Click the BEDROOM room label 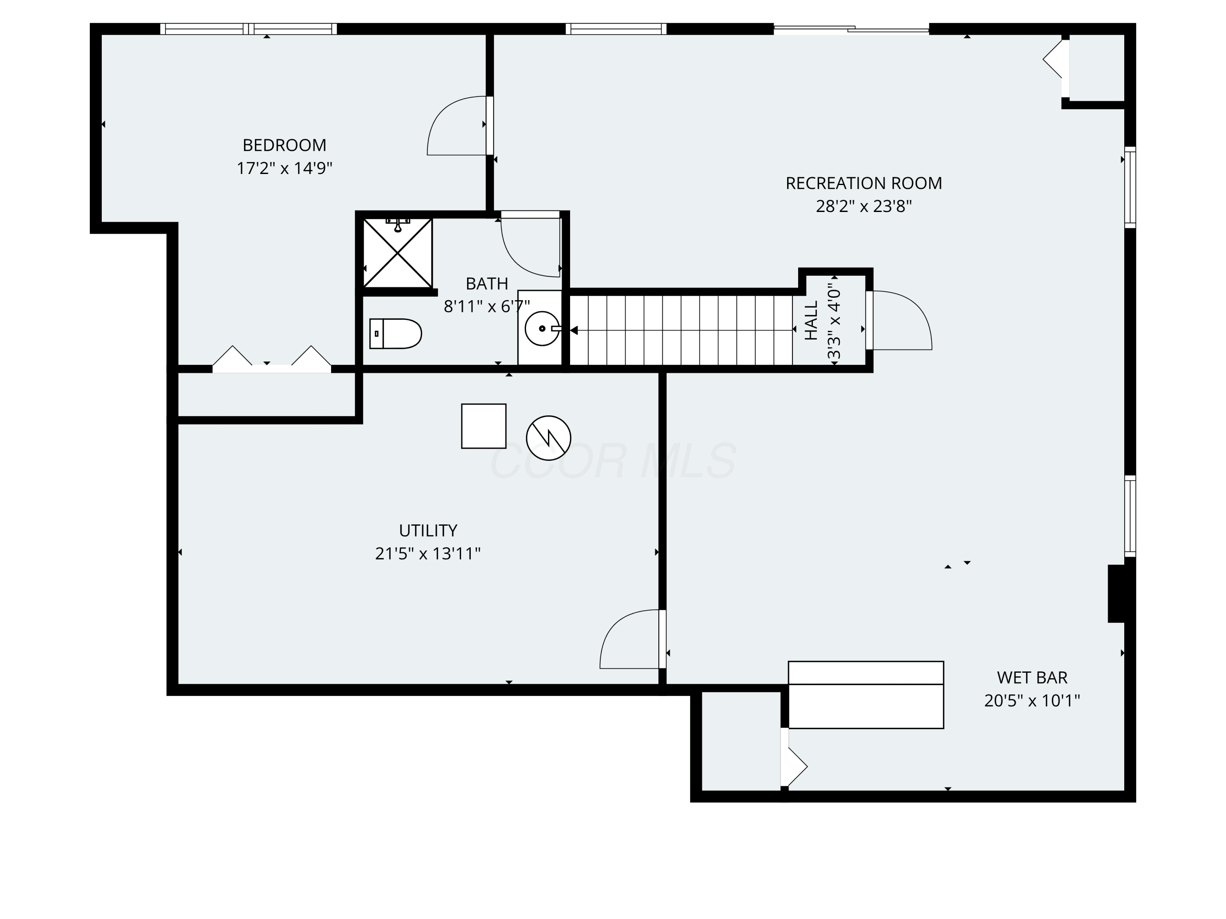point(284,145)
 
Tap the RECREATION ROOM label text point(864,183)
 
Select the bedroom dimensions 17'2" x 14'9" point(284,168)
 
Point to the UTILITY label point(428,531)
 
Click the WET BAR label point(1032,678)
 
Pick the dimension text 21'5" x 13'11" point(428,553)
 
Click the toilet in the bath point(395,333)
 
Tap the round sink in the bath point(542,328)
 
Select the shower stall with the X point(397,253)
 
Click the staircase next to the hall point(681,330)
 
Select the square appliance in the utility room point(484,426)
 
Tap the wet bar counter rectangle point(866,695)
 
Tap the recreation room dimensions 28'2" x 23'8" point(864,206)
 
